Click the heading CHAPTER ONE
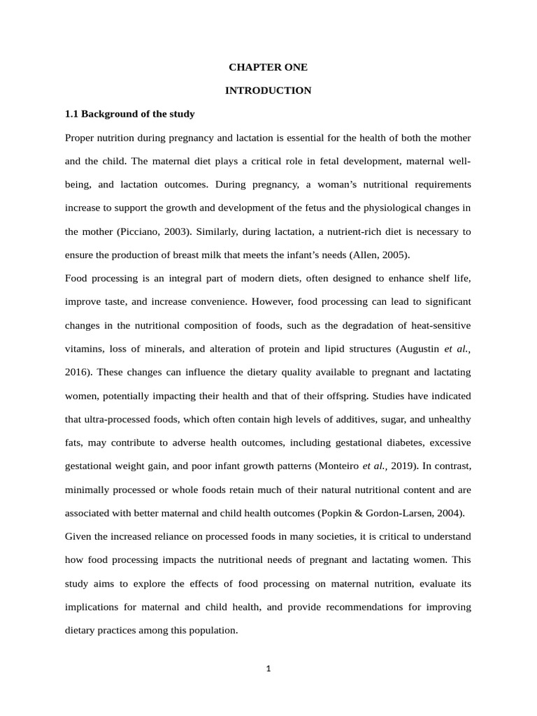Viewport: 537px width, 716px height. pyautogui.click(x=268, y=68)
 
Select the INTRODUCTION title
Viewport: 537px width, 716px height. pyautogui.click(x=268, y=91)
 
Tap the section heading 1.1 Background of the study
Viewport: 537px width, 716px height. pyautogui.click(x=129, y=113)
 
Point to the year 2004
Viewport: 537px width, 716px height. pyautogui.click(x=448, y=513)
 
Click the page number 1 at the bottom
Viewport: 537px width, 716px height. pyautogui.click(x=268, y=668)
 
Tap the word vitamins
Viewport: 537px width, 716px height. pyautogui.click(x=85, y=349)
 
